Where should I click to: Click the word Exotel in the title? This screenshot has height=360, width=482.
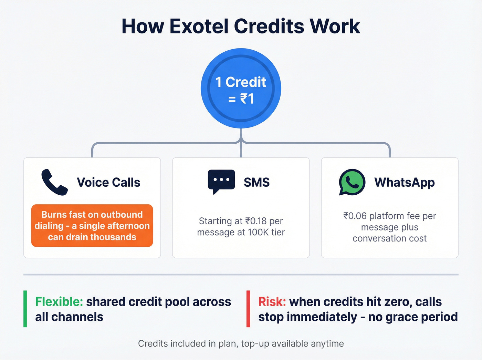(x=199, y=26)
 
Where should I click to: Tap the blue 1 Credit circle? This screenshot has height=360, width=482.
(x=241, y=89)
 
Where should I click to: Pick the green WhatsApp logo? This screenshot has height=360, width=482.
(x=352, y=182)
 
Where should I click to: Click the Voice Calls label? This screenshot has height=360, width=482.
(x=108, y=182)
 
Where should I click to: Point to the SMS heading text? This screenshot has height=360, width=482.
(x=256, y=182)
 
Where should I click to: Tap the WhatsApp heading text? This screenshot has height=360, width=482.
(x=405, y=182)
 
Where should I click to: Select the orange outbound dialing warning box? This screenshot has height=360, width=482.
(x=92, y=226)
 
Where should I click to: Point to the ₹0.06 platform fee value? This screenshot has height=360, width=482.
(x=355, y=216)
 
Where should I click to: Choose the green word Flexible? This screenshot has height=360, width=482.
(x=59, y=302)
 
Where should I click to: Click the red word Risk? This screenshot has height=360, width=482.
(x=272, y=302)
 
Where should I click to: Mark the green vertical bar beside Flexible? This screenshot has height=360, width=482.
(x=25, y=309)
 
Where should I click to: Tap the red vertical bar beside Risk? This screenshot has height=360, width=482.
(x=248, y=309)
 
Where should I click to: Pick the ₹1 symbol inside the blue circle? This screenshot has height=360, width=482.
(x=247, y=99)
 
